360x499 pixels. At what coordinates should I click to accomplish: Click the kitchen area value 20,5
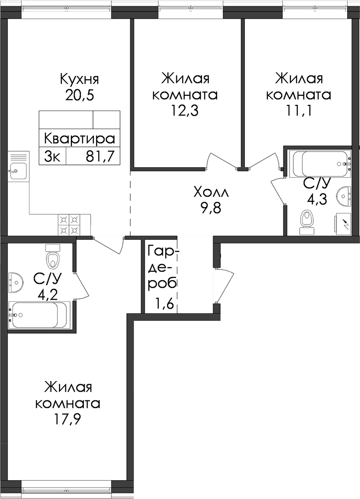(x=80, y=95)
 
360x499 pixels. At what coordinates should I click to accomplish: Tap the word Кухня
(x=80, y=79)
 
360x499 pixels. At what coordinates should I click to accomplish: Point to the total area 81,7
(x=100, y=157)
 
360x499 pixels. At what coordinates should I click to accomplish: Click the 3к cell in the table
(x=52, y=157)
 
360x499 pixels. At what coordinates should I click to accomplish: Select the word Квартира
(x=80, y=139)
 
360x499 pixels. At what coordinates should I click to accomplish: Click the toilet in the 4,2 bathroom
(x=53, y=256)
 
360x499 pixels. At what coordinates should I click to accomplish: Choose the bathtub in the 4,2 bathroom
(x=38, y=315)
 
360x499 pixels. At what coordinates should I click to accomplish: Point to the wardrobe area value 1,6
(x=164, y=305)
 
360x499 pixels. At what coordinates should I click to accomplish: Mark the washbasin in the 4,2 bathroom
(x=15, y=282)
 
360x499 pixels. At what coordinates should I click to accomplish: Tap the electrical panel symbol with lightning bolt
(x=343, y=225)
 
